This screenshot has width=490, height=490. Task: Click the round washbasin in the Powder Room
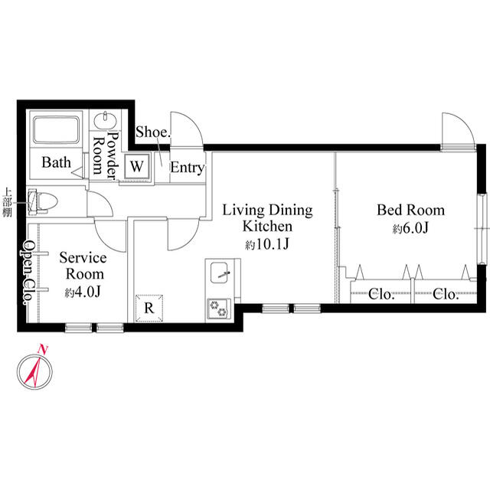click(103, 121)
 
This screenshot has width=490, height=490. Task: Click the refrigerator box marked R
click(149, 307)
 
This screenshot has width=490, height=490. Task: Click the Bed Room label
click(410, 210)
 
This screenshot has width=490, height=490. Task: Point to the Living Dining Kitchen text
click(267, 217)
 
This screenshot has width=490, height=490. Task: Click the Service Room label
click(83, 266)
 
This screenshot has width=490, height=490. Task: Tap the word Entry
click(186, 168)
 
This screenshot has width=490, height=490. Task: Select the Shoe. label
click(152, 132)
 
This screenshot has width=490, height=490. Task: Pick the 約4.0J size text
click(82, 292)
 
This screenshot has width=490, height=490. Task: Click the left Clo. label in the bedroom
click(381, 293)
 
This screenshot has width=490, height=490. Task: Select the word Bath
click(56, 162)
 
